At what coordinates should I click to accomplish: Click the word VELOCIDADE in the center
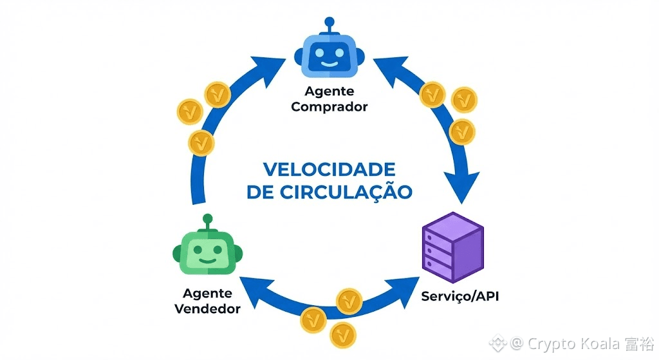point(329,170)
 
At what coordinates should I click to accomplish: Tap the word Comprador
point(329,107)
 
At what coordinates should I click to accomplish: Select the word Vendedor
point(207,308)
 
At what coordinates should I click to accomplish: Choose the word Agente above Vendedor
point(207,294)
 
